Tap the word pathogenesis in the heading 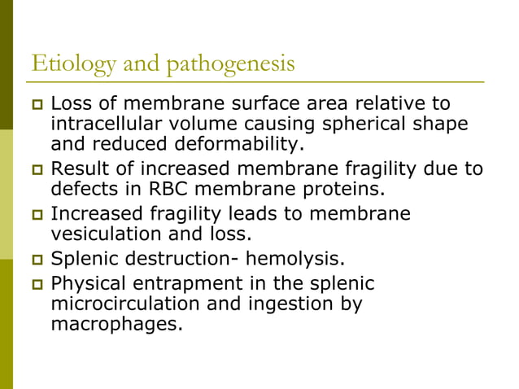coord(230,63)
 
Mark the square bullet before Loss coord(35,105)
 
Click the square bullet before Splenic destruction coord(35,260)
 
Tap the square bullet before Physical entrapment coord(35,284)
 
